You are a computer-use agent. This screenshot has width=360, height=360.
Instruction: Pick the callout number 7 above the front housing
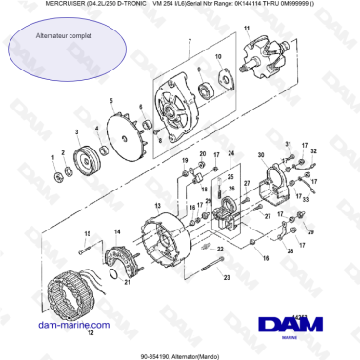[x=189, y=42]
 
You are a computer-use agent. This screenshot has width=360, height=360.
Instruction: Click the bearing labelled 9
[x=207, y=91]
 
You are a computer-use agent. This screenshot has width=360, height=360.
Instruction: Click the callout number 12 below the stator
[x=91, y=334]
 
